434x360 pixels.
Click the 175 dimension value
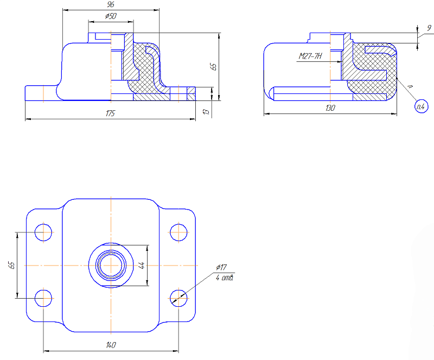pos(110,113)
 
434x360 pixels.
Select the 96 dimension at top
pos(111,4)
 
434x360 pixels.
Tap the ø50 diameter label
pos(111,16)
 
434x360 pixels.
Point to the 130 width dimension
pos(330,108)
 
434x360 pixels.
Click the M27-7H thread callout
pos(310,56)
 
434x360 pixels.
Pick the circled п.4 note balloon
pos(422,106)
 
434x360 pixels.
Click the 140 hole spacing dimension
pos(111,345)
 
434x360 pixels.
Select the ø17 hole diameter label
pos(221,267)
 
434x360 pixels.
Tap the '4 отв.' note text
pos(225,277)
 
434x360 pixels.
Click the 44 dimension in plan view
pos(142,265)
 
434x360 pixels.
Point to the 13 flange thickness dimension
pos(206,112)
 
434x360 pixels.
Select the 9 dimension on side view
pos(429,28)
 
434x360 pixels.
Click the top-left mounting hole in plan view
pos(43,232)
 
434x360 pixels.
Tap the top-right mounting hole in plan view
pos(178,232)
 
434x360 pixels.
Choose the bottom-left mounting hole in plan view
pos(43,298)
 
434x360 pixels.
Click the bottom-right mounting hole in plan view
pos(178,298)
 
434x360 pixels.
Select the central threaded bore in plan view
pos(111,265)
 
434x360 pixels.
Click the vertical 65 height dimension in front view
pos(214,66)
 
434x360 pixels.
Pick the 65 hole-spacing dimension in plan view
pos(11,265)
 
